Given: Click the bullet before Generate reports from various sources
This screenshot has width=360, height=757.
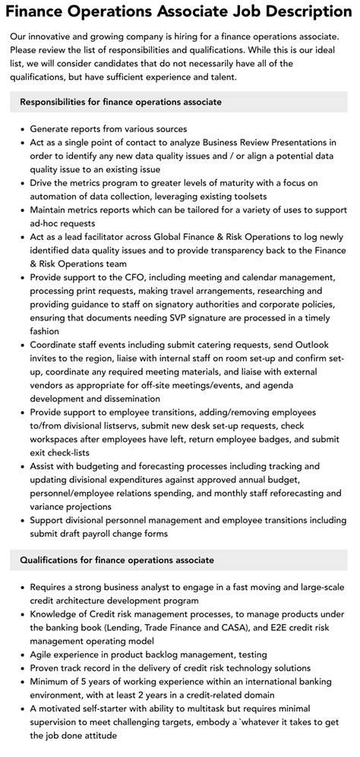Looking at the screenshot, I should point(23,129).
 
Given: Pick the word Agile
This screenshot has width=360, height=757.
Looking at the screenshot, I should point(44,654).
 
